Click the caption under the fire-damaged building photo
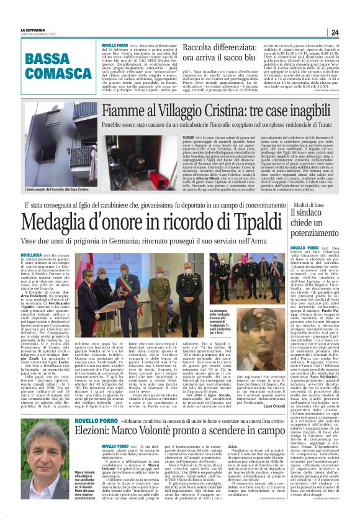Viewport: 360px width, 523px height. click(x=60, y=185)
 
